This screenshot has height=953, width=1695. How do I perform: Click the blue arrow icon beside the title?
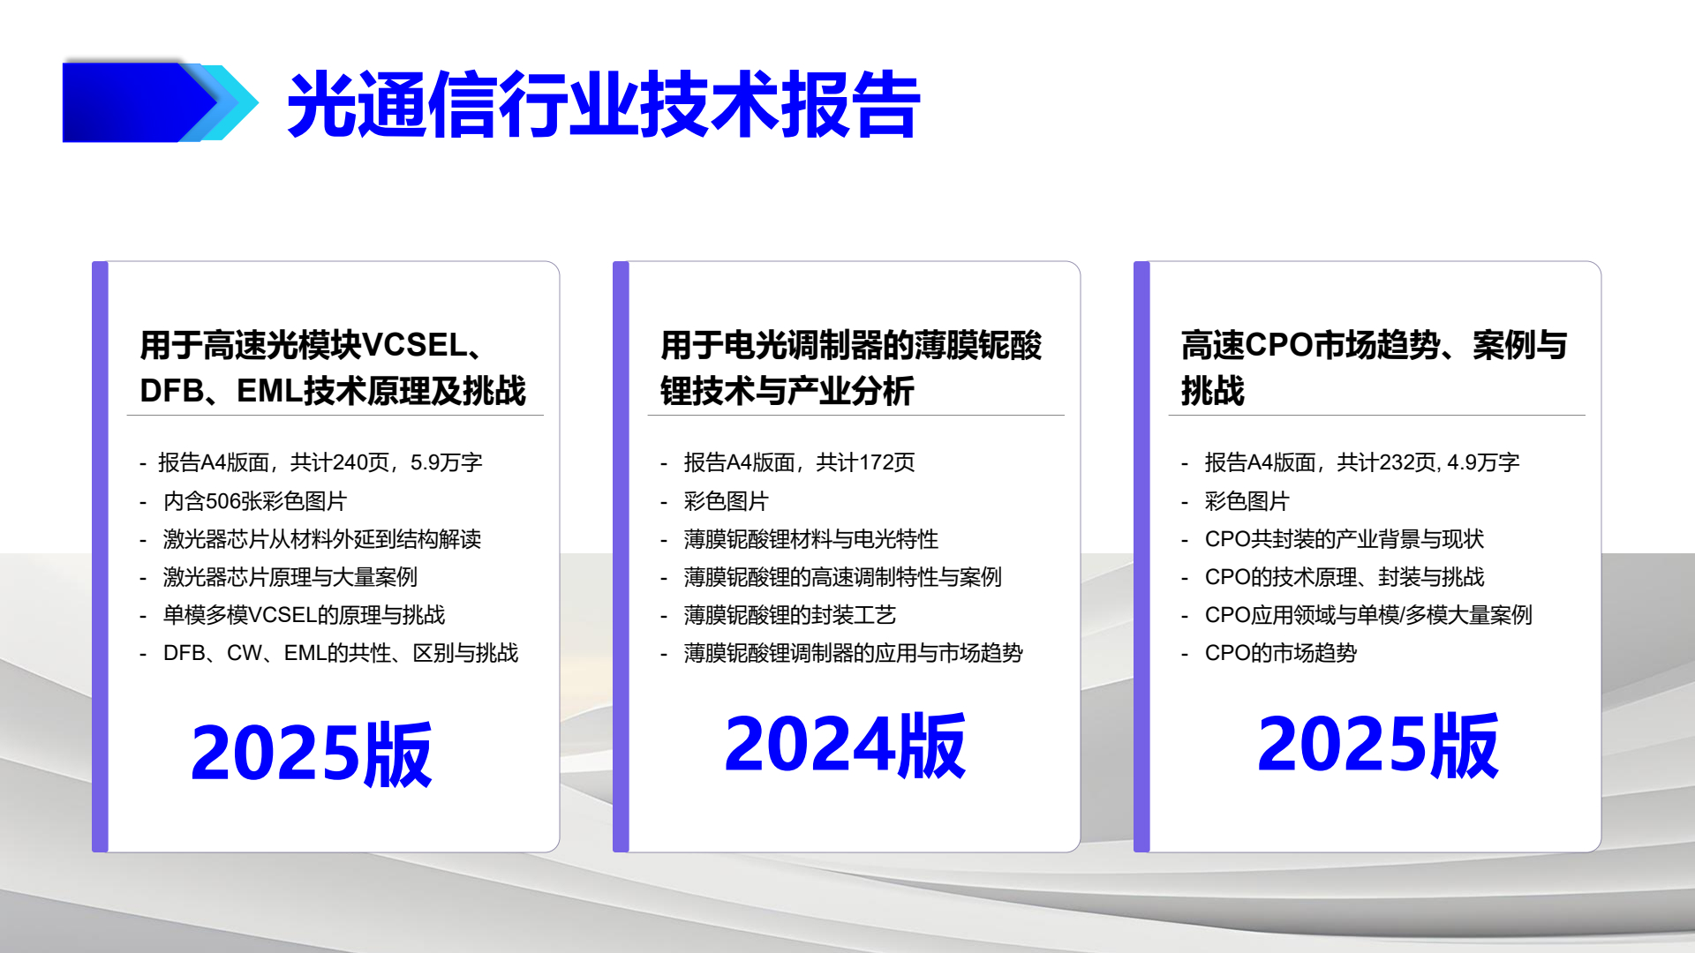[159, 102]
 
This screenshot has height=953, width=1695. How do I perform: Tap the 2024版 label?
[845, 746]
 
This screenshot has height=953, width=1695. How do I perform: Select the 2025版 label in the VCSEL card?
[311, 754]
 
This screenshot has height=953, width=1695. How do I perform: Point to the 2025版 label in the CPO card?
[1377, 746]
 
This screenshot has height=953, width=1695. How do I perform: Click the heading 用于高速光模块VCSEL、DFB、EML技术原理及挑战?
[333, 368]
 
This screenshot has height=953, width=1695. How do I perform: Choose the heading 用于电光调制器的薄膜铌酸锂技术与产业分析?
[850, 368]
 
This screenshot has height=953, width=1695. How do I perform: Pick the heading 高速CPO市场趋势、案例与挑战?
[1374, 368]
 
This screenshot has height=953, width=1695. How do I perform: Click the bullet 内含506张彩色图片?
[255, 501]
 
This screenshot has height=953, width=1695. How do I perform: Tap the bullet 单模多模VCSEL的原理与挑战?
[304, 615]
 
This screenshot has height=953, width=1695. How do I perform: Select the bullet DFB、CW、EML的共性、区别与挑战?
[341, 653]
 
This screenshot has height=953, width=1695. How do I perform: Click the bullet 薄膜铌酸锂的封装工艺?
[789, 615]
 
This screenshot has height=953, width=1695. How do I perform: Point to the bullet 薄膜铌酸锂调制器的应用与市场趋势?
[853, 653]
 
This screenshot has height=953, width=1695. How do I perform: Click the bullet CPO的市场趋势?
[1280, 653]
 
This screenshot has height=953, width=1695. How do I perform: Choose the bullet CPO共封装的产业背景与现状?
[1344, 539]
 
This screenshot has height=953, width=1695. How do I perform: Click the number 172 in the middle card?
[876, 462]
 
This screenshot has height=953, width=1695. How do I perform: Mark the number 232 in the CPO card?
[1397, 462]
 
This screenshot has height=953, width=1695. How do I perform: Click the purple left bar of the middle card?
[621, 556]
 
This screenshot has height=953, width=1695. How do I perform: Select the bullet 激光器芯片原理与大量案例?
[290, 577]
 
